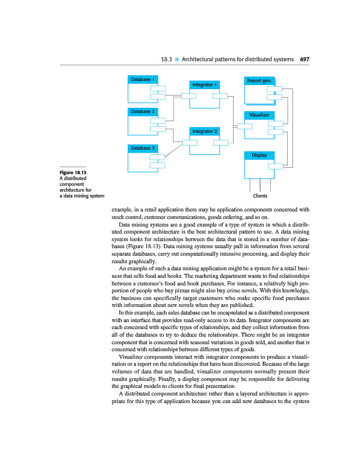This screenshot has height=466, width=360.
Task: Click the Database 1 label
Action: pos(142,79)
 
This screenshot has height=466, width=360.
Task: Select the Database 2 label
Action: pos(142,111)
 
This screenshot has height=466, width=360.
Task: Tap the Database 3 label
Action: pos(142,148)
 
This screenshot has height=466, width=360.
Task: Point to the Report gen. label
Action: pos(259,80)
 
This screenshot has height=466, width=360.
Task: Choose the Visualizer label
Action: pos(259,115)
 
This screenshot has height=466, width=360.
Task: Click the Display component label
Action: pos(259,156)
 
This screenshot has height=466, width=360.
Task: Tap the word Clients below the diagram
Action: pos(259,196)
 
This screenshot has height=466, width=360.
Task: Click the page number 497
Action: pos(305,59)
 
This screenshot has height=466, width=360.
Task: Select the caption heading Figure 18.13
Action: pos(72,173)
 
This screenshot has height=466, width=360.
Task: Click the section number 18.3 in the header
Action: pos(167,59)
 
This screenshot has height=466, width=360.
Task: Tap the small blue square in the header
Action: pos(177,59)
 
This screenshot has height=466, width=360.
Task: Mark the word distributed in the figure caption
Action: pos(77,179)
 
